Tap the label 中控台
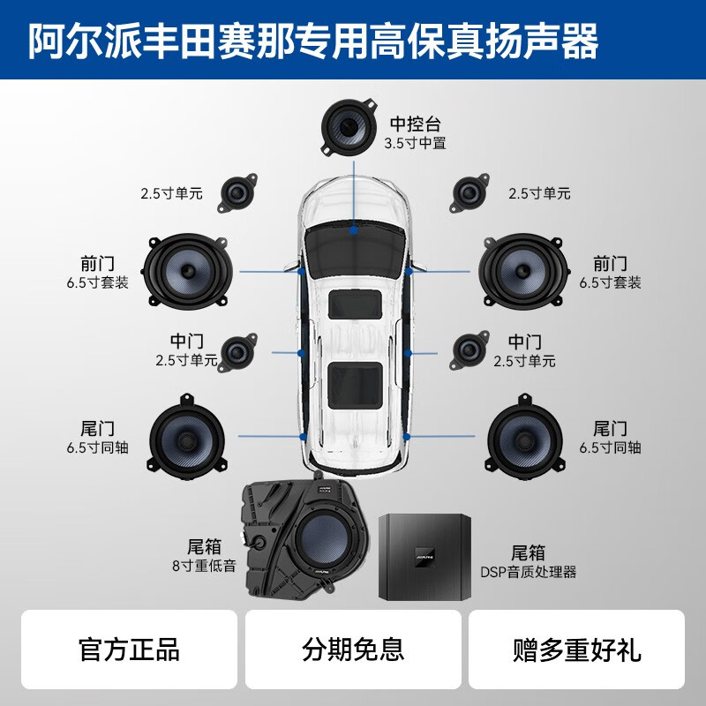coord(415,124)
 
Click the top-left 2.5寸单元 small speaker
coord(237,192)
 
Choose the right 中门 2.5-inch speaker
coord(468,351)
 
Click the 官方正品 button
coord(130,650)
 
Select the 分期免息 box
coord(353,650)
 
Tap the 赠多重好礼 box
coord(577,650)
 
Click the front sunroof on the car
coord(355,305)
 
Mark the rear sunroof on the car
coord(355,384)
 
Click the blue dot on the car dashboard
coord(354,229)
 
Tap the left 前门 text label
coord(97,264)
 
